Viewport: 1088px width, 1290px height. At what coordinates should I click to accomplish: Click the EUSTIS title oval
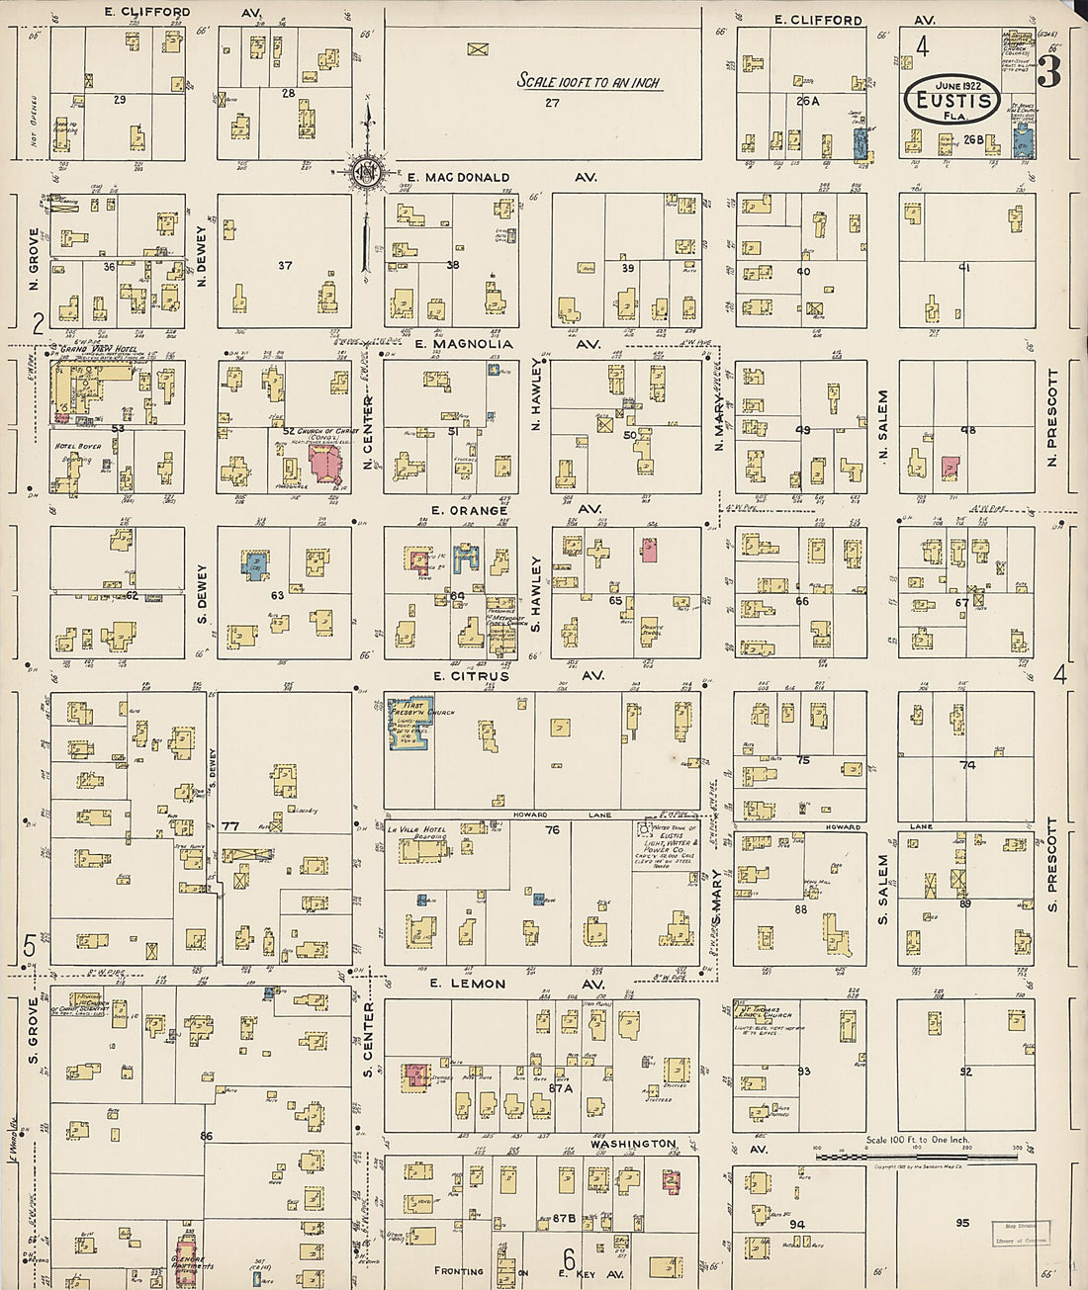[949, 98]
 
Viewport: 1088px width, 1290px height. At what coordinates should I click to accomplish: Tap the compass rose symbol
[366, 170]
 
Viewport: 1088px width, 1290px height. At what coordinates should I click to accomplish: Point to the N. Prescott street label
[1052, 418]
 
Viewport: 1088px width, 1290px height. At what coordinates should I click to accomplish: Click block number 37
[285, 265]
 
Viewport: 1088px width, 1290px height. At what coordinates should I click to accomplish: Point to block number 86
[206, 1136]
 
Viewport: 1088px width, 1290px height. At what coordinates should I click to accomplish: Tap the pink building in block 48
[951, 468]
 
